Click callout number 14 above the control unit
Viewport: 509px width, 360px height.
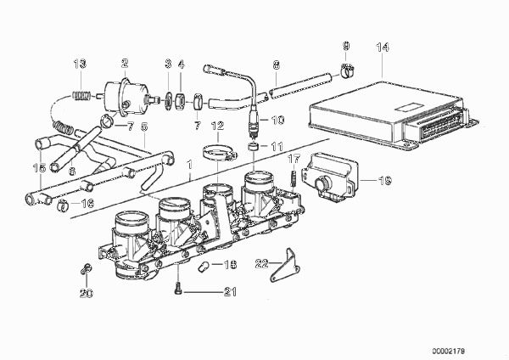383,48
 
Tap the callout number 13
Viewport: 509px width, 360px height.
80,64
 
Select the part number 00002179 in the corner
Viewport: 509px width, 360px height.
448,352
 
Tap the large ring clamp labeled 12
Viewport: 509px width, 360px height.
220,152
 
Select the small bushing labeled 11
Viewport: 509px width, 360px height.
254,147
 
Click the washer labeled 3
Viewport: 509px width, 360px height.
168,101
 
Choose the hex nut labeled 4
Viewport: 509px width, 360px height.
181,101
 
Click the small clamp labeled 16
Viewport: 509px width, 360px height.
63,205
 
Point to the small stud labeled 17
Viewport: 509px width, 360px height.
294,177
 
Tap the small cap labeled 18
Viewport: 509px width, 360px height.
204,267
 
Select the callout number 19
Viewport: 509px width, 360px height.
386,181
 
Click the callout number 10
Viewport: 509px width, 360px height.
277,121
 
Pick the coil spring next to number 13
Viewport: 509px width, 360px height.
81,96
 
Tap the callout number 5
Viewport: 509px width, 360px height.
144,127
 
